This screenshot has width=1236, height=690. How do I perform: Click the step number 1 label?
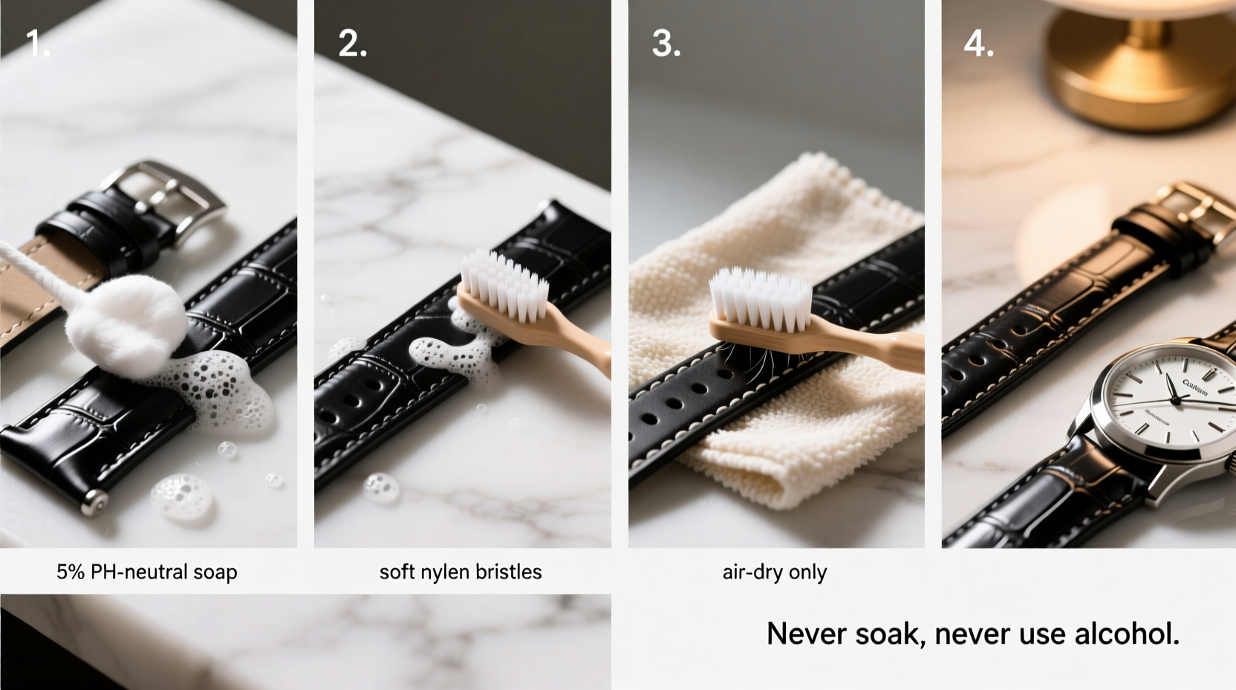click(37, 44)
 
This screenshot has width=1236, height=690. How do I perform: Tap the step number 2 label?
click(352, 44)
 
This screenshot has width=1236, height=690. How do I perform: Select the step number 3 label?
click(666, 44)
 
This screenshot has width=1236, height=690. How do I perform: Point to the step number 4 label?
click(978, 44)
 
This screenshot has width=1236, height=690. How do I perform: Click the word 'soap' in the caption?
click(215, 572)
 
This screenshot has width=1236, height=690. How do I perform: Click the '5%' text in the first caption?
click(71, 572)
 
